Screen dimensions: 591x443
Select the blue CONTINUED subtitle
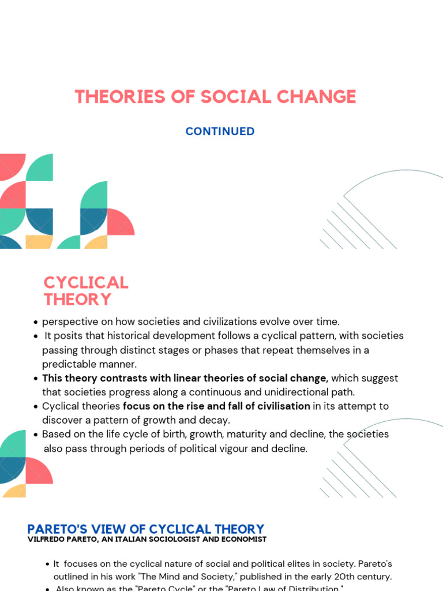[x=220, y=132]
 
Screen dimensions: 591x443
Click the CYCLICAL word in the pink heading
[x=86, y=283]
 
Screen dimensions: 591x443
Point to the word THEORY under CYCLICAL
[x=77, y=300]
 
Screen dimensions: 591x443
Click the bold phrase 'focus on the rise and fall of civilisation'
[x=216, y=406]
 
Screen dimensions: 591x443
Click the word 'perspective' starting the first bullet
[x=67, y=321]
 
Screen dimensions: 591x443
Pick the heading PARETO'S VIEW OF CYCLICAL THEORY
[x=146, y=529]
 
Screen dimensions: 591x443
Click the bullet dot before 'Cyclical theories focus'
[x=36, y=406]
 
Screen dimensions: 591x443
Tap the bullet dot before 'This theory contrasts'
[x=36, y=379]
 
